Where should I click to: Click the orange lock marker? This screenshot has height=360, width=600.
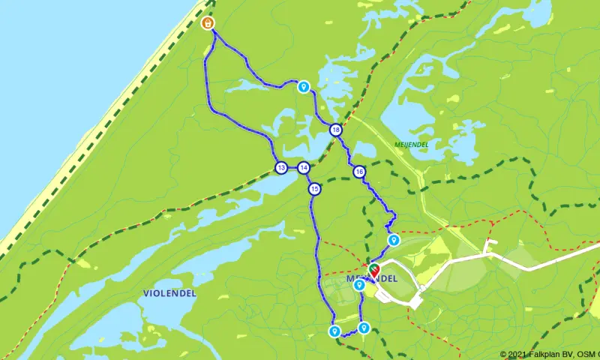click(x=207, y=24)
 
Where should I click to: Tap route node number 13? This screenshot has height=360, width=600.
click(x=280, y=167)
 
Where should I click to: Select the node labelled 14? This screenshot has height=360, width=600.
click(x=303, y=167)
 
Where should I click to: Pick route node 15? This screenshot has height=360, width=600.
click(x=314, y=189)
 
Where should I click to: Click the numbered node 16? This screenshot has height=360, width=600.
click(x=360, y=172)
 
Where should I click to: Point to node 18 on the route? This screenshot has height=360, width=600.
click(x=335, y=130)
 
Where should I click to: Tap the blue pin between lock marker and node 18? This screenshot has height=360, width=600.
click(x=304, y=86)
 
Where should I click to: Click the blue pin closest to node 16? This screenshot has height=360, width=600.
click(x=392, y=239)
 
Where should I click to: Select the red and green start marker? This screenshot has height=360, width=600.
click(x=373, y=270)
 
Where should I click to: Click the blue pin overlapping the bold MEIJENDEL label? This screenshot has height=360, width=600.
click(x=359, y=284)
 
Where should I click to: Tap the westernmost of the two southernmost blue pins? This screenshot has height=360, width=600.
click(x=334, y=331)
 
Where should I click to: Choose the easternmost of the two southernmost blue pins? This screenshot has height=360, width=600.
click(x=364, y=327)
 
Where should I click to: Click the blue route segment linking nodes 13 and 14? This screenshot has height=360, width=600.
click(x=292, y=167)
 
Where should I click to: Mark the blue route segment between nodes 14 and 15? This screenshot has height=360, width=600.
click(x=309, y=178)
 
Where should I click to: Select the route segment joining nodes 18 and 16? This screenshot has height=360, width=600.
click(x=347, y=152)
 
